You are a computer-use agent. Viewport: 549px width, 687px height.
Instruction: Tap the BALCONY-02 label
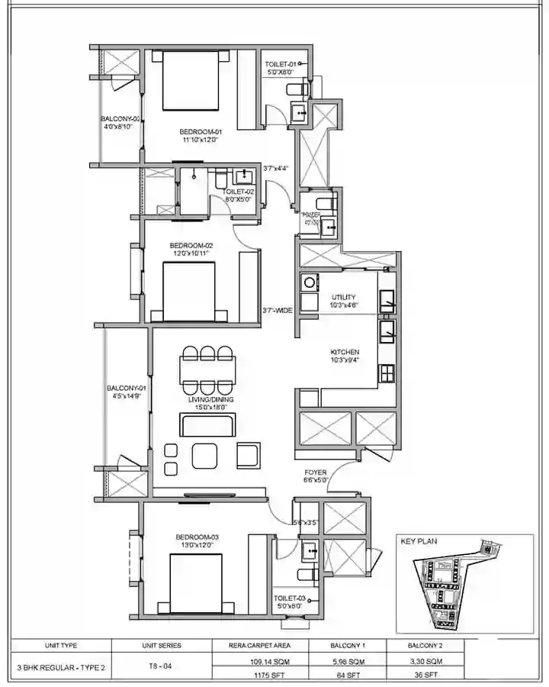tap(120, 119)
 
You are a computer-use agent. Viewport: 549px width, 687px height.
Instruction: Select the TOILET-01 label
tap(281, 64)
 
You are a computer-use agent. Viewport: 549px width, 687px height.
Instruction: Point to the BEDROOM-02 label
tap(190, 245)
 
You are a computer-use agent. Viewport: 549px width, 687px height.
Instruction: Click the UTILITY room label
tap(345, 297)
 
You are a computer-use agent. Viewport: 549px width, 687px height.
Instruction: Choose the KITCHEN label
tap(345, 352)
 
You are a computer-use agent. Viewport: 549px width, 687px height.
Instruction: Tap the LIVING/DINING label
tap(211, 399)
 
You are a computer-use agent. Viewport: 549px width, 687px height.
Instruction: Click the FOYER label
tap(316, 473)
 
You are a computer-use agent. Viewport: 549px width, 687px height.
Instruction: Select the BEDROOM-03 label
tap(199, 537)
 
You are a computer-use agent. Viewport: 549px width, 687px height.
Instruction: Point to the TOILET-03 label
tap(290, 598)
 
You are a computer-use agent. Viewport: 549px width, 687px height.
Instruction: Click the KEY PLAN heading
tap(417, 541)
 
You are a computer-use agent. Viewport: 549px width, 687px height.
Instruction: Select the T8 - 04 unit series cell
tap(160, 666)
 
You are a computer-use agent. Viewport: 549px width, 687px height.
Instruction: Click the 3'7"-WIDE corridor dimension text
tap(278, 311)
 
